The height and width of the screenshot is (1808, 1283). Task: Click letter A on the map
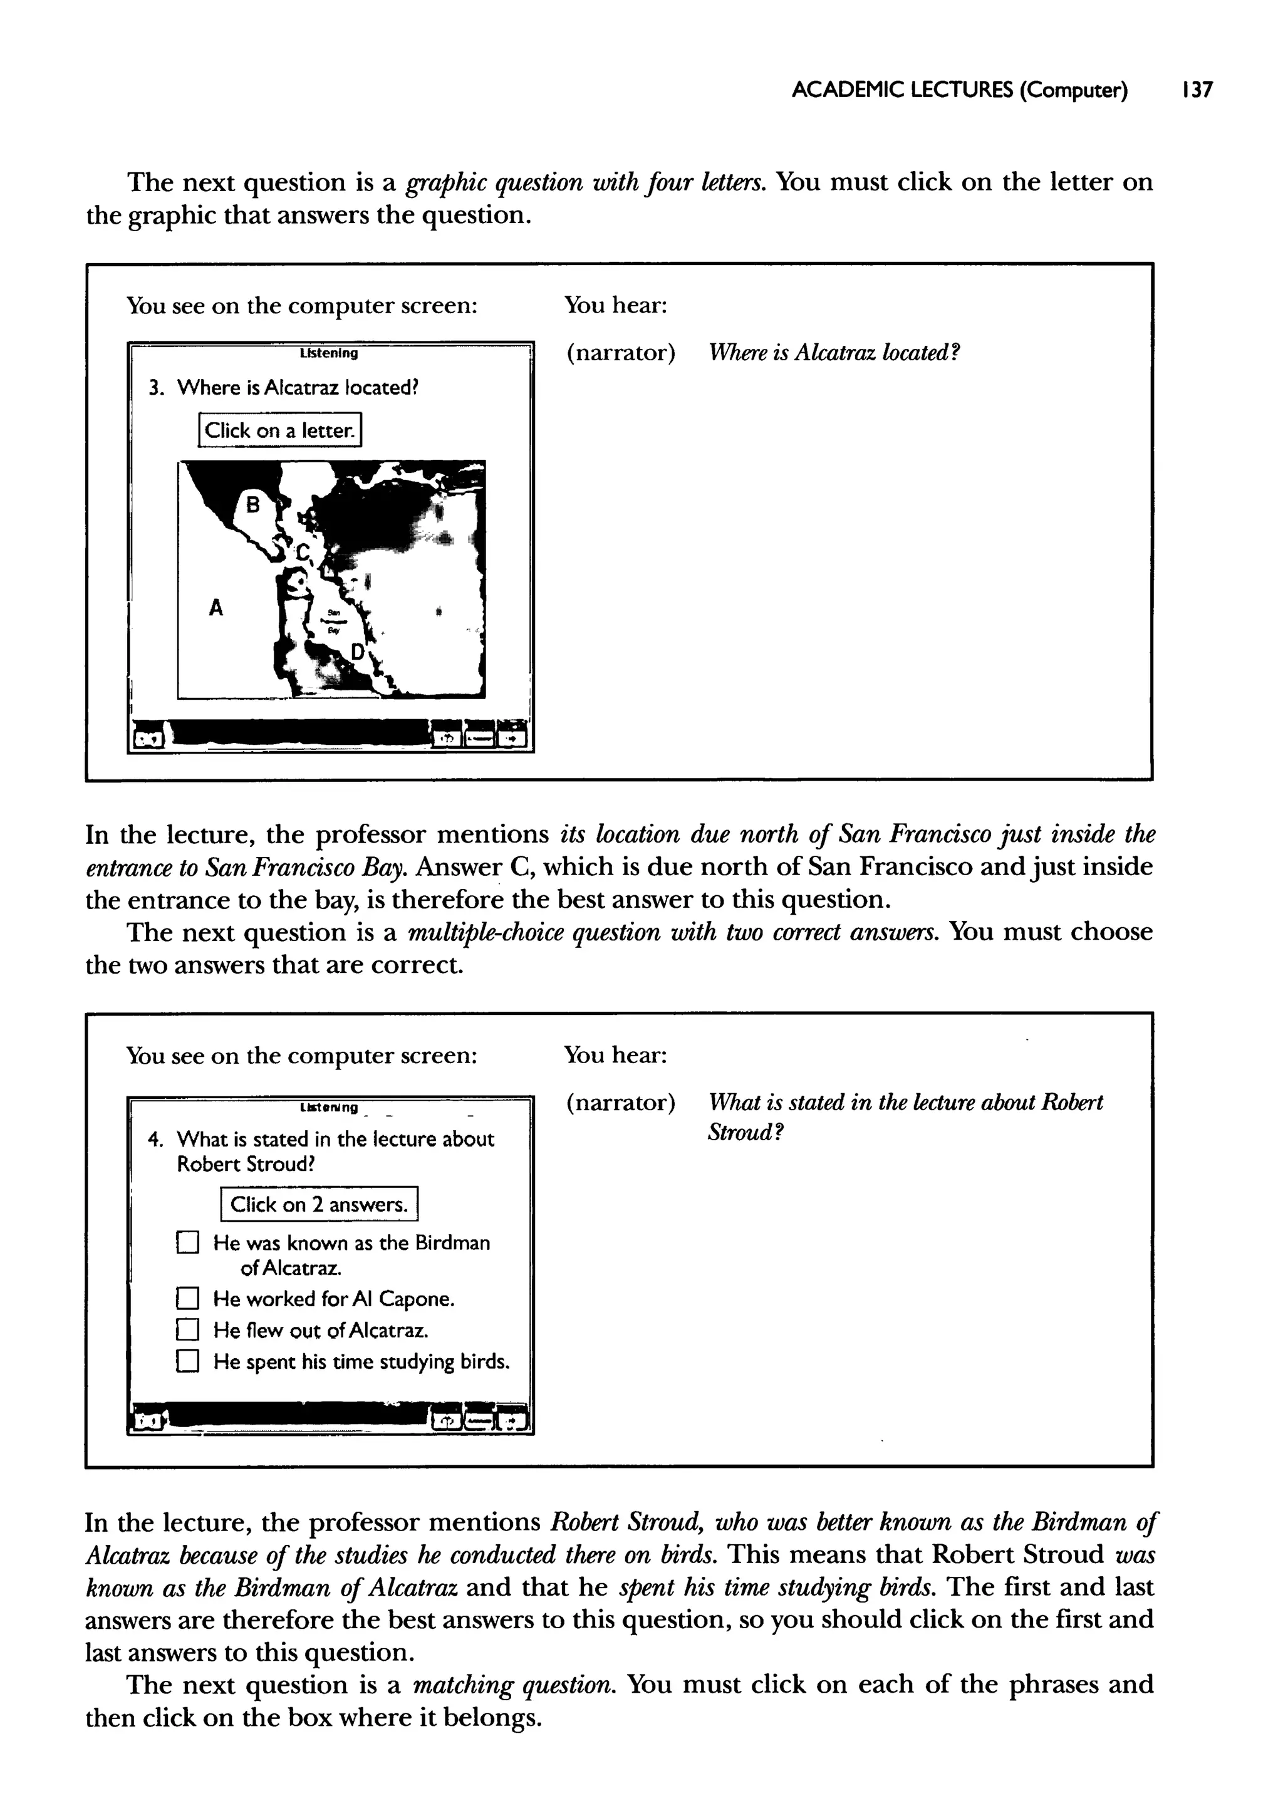click(x=216, y=608)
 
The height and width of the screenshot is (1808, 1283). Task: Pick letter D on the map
click(x=358, y=652)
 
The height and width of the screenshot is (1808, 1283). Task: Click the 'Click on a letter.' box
click(x=279, y=430)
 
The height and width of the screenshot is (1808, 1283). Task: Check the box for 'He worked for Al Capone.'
click(x=187, y=1299)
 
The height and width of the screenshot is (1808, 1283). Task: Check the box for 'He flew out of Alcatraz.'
click(x=187, y=1331)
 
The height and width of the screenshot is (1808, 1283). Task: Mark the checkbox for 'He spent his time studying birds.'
click(x=187, y=1362)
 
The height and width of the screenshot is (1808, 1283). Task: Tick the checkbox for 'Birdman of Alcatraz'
click(x=187, y=1244)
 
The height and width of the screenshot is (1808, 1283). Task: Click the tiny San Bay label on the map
click(x=333, y=621)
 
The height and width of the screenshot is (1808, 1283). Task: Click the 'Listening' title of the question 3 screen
click(x=329, y=354)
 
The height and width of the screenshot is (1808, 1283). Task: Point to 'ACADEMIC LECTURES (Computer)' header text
click(x=959, y=91)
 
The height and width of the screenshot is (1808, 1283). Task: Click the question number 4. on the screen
click(x=155, y=1139)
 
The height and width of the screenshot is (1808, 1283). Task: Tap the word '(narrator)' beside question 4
click(x=621, y=1103)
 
